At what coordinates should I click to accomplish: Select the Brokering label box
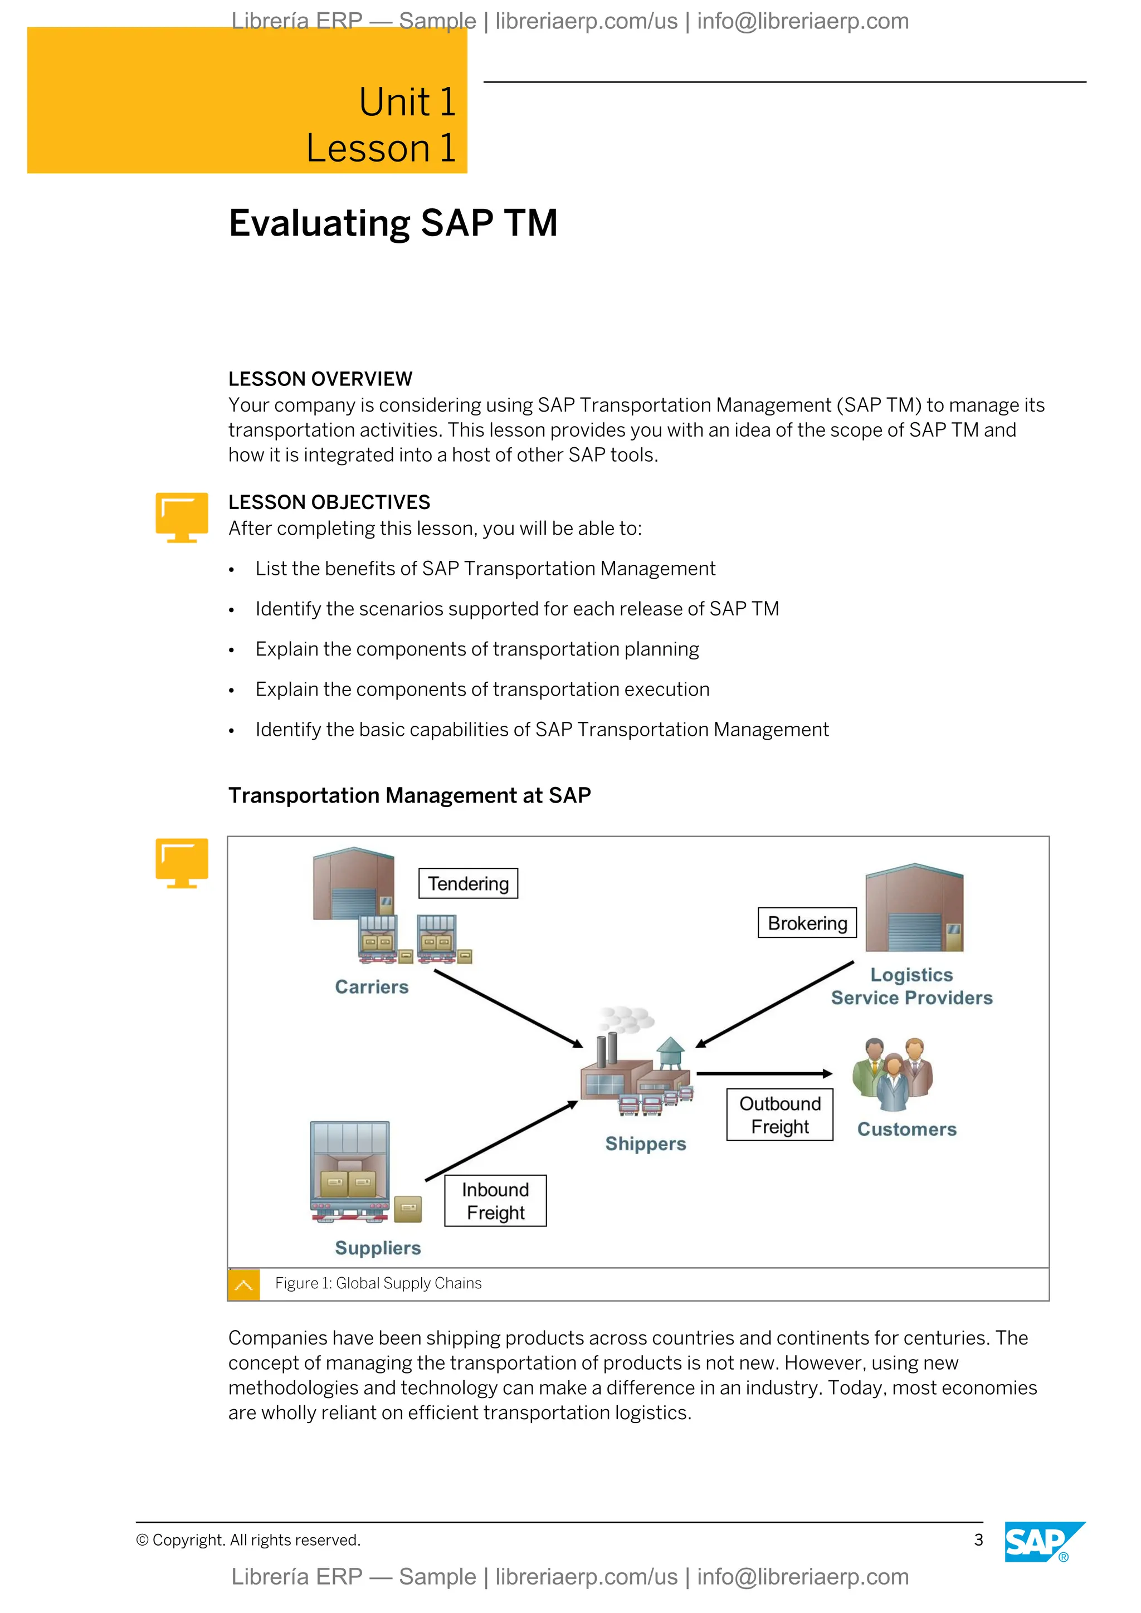[x=807, y=922]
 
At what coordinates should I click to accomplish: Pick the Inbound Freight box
[x=495, y=1201]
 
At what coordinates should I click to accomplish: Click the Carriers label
[x=372, y=986]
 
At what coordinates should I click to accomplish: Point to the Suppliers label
[x=378, y=1248]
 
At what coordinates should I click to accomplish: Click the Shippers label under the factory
[x=645, y=1143]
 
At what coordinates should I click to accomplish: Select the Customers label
[x=906, y=1129]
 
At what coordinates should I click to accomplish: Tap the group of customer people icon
[x=893, y=1075]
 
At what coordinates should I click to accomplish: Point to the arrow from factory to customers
[x=764, y=1073]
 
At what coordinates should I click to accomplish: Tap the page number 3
[x=978, y=1540]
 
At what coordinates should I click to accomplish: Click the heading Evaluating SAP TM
[x=393, y=223]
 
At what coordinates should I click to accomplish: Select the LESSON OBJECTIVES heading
[x=329, y=502]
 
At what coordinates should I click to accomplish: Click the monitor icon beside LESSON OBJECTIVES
[x=181, y=517]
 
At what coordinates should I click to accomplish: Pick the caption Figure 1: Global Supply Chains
[x=378, y=1283]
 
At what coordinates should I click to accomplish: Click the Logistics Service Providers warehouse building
[x=913, y=910]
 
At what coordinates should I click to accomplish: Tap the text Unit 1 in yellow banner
[x=407, y=102]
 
